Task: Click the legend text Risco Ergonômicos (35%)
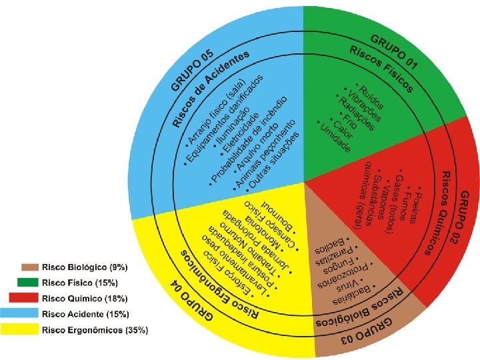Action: coord(95,329)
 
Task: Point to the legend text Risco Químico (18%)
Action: coord(85,298)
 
